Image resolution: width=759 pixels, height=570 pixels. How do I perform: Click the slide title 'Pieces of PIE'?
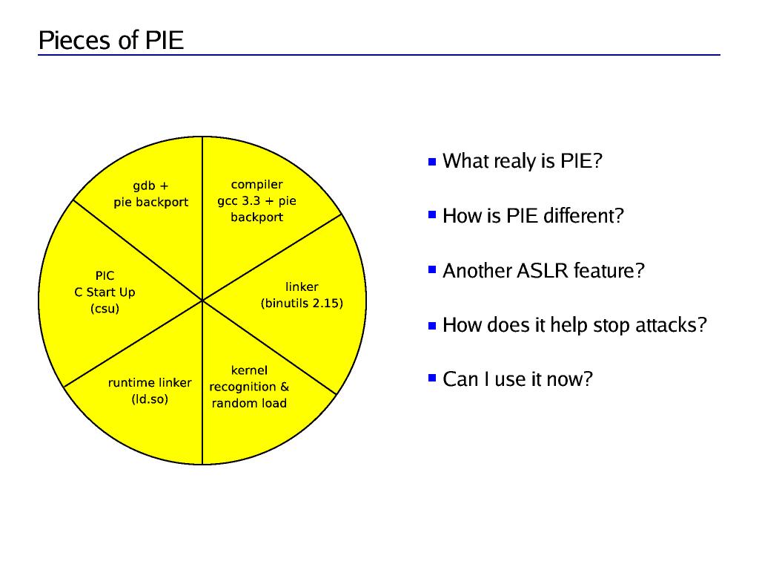click(111, 40)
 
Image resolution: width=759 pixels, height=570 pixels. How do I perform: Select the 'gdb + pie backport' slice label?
click(150, 194)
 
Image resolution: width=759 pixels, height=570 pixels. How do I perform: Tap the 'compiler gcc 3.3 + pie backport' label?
click(256, 200)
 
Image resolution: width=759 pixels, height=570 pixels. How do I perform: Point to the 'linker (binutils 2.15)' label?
click(302, 295)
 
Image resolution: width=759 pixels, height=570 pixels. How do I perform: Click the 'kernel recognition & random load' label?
click(249, 387)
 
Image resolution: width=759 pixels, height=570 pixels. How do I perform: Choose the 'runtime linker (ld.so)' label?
click(150, 391)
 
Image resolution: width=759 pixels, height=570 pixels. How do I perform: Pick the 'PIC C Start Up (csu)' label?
click(105, 292)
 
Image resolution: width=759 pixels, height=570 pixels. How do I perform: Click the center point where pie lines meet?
click(202, 301)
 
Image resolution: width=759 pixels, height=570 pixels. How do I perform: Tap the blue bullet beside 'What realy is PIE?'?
click(432, 161)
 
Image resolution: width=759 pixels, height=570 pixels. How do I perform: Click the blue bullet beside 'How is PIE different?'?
click(432, 216)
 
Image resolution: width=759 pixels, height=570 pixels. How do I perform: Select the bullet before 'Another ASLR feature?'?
click(432, 271)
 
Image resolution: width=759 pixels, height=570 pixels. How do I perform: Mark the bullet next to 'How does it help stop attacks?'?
click(432, 325)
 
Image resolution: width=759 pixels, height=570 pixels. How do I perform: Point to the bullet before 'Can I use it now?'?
click(432, 379)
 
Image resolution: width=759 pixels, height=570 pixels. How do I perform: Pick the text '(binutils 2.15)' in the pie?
click(302, 303)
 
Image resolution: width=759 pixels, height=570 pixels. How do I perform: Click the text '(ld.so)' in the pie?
click(150, 399)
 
